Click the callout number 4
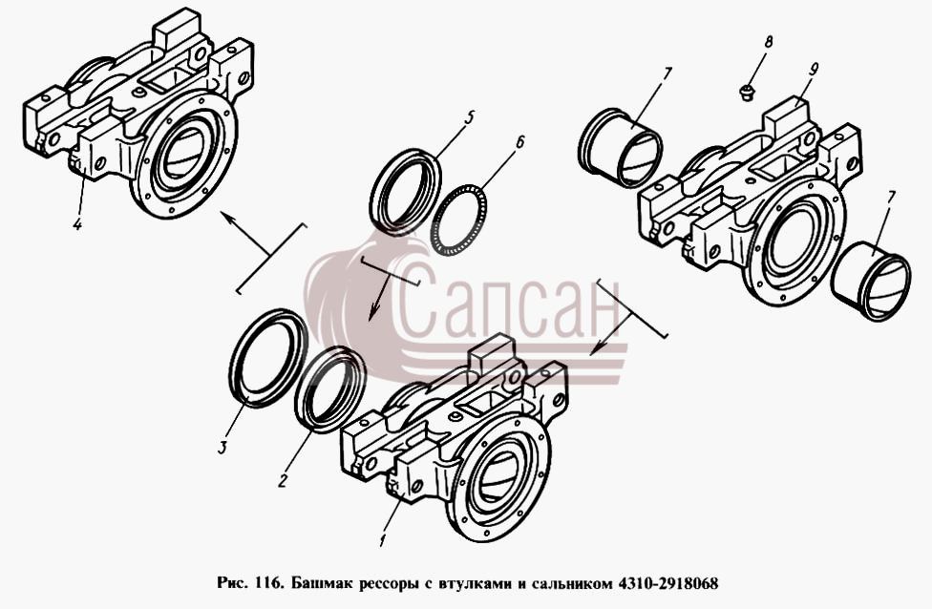point(77,224)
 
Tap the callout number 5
point(468,116)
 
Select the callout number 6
point(519,142)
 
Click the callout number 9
point(812,69)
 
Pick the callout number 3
point(222,447)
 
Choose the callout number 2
point(283,479)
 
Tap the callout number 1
point(382,540)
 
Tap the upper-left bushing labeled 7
point(620,147)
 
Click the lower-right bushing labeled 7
point(872,282)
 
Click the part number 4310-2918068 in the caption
point(668,583)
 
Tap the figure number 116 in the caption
point(268,583)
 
